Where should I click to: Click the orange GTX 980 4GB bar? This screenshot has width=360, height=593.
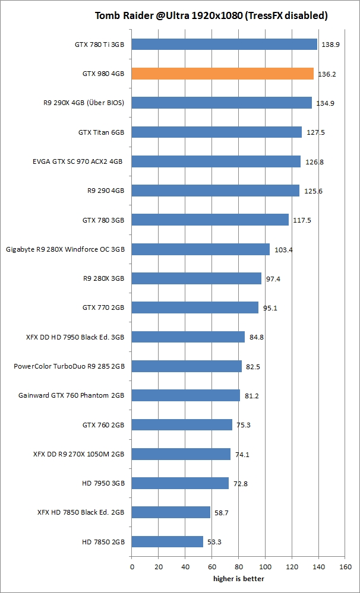click(x=222, y=74)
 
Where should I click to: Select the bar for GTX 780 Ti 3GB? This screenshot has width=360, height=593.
click(x=224, y=45)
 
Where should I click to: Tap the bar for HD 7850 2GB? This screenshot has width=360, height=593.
click(x=167, y=541)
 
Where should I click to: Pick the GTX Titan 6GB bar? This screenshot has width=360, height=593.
click(x=216, y=132)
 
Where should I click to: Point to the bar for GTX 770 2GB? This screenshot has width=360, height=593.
click(x=195, y=307)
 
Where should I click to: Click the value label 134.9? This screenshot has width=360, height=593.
click(x=325, y=103)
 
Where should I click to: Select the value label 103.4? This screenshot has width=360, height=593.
click(x=283, y=249)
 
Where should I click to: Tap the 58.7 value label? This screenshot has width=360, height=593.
click(x=223, y=512)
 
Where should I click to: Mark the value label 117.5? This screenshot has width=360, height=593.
click(x=302, y=220)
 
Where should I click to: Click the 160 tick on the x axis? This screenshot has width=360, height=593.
click(x=345, y=567)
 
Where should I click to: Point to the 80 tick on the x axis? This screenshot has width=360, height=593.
click(x=238, y=567)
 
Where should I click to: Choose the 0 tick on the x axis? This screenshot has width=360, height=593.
click(x=131, y=567)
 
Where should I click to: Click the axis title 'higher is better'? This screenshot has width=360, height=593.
click(x=239, y=579)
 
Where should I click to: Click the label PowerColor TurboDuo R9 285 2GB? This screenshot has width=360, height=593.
click(x=69, y=366)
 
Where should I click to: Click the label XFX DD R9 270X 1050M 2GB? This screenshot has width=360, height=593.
click(x=78, y=454)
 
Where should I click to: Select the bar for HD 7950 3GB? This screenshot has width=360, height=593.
click(x=180, y=483)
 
